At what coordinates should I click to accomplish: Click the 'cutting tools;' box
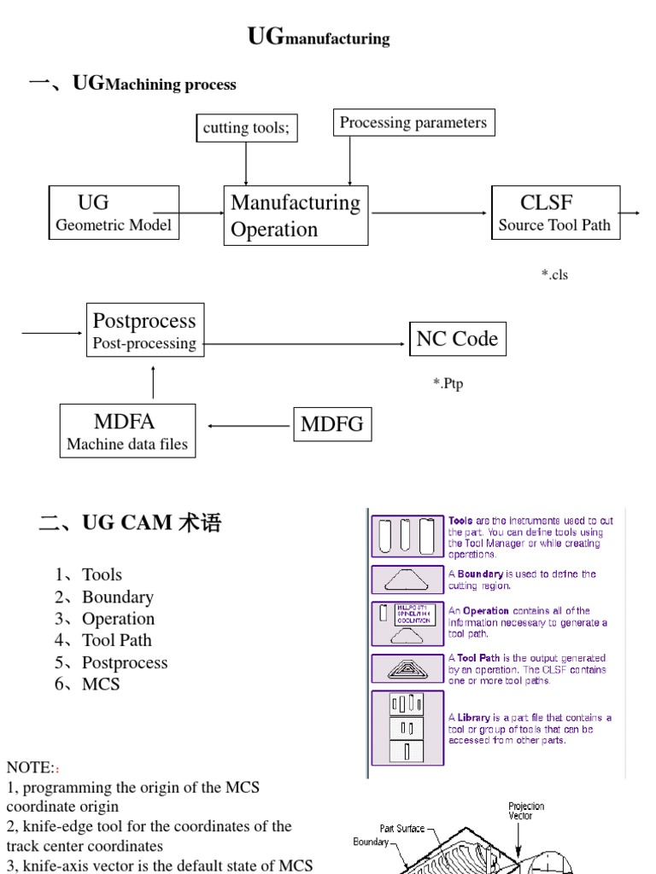tap(246, 128)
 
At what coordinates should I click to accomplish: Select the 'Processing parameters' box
tap(413, 123)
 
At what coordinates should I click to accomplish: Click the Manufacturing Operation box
tap(296, 216)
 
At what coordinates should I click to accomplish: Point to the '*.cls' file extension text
tap(553, 274)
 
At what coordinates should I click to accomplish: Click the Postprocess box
tap(144, 330)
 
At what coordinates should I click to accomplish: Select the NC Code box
tap(457, 339)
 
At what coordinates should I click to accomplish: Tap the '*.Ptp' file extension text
tap(448, 384)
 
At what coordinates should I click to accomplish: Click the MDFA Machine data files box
tap(127, 431)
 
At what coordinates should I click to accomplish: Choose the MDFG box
tap(332, 424)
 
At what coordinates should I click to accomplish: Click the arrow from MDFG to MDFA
tap(249, 425)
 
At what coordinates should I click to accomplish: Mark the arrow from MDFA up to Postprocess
tap(154, 382)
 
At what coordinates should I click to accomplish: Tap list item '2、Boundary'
tap(104, 597)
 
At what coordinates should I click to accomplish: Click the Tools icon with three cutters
tap(406, 537)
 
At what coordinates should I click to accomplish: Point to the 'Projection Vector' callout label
tap(526, 811)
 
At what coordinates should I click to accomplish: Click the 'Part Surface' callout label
tap(402, 828)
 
